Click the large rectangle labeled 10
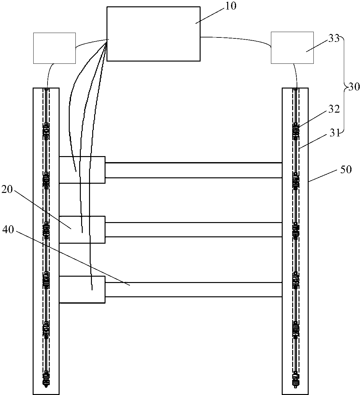pos(153,34)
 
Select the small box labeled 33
pos(292,48)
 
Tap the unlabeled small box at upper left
pos(55,48)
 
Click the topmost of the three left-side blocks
pos(82,170)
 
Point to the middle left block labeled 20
pos(82,229)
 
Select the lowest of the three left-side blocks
pos(82,289)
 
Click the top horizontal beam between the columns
pos(193,170)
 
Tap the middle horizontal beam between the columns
pos(193,230)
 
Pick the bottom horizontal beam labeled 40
pos(193,289)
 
